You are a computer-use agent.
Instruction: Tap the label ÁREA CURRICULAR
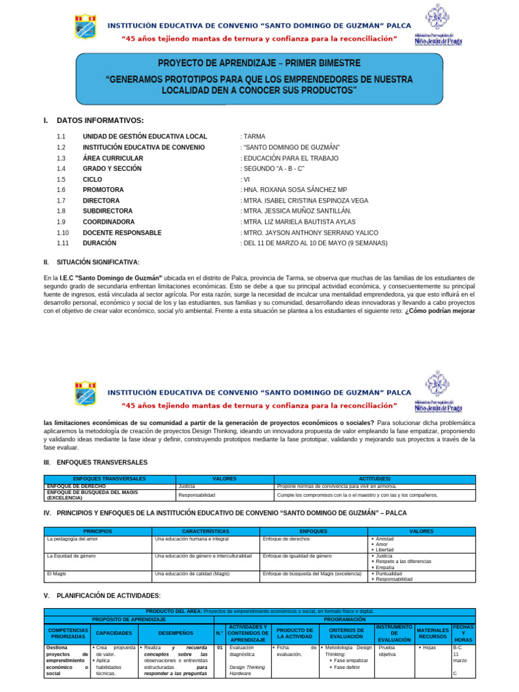tap(113, 157)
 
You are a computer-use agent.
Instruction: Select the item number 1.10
tap(63, 232)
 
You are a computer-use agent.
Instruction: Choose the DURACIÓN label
tap(99, 243)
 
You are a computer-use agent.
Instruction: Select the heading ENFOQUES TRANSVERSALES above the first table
tap(102, 462)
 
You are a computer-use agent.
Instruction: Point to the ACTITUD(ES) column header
tap(374, 478)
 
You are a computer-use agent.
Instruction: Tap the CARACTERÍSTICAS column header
tap(205, 532)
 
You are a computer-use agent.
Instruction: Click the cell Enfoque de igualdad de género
tap(297, 555)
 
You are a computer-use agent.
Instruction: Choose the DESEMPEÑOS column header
tap(176, 633)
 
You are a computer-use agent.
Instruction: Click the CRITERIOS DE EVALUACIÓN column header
tap(346, 634)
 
